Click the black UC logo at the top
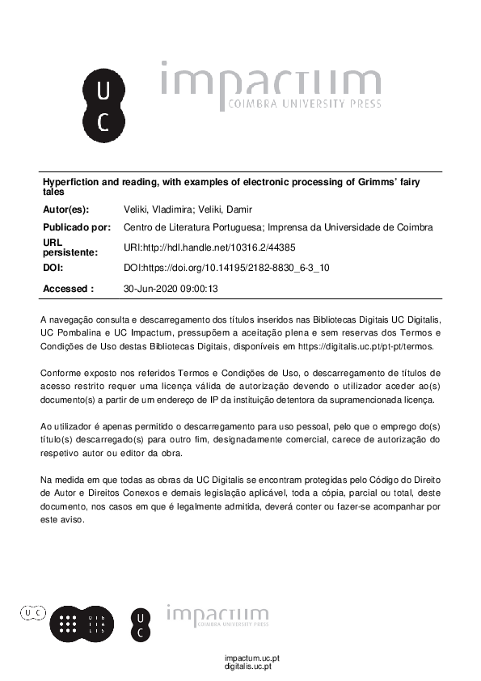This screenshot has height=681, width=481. [x=103, y=104]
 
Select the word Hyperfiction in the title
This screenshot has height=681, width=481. [x=69, y=183]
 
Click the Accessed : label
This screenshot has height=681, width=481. [x=68, y=288]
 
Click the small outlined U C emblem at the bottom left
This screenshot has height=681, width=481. [x=33, y=614]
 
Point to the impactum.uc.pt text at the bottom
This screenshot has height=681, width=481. [x=252, y=658]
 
